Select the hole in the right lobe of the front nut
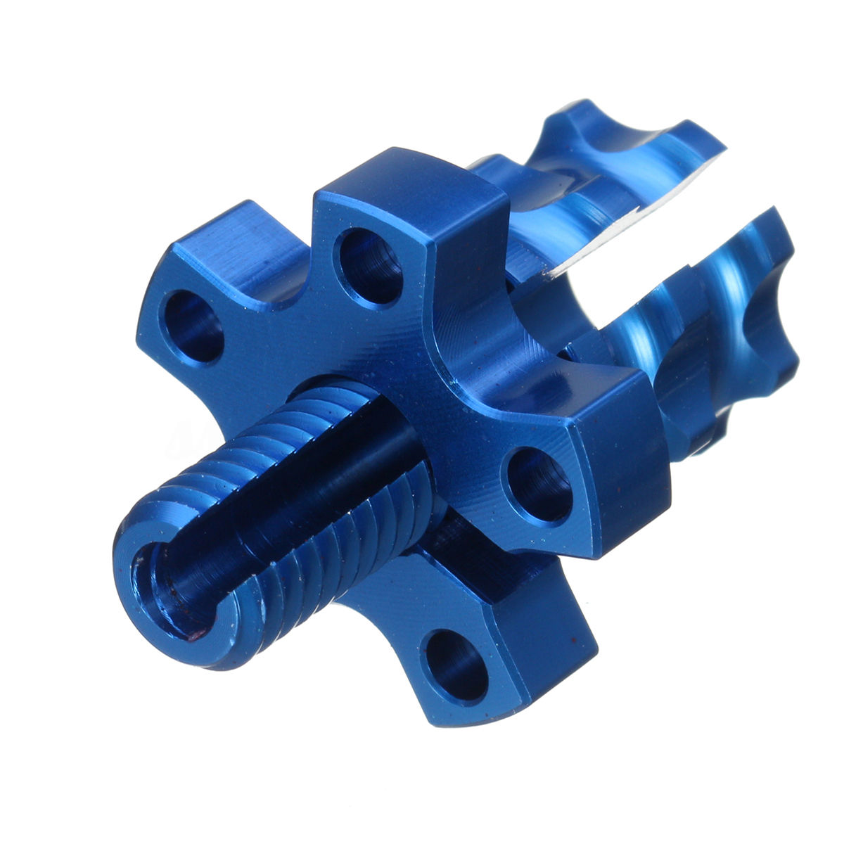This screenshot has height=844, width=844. click(x=540, y=485)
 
